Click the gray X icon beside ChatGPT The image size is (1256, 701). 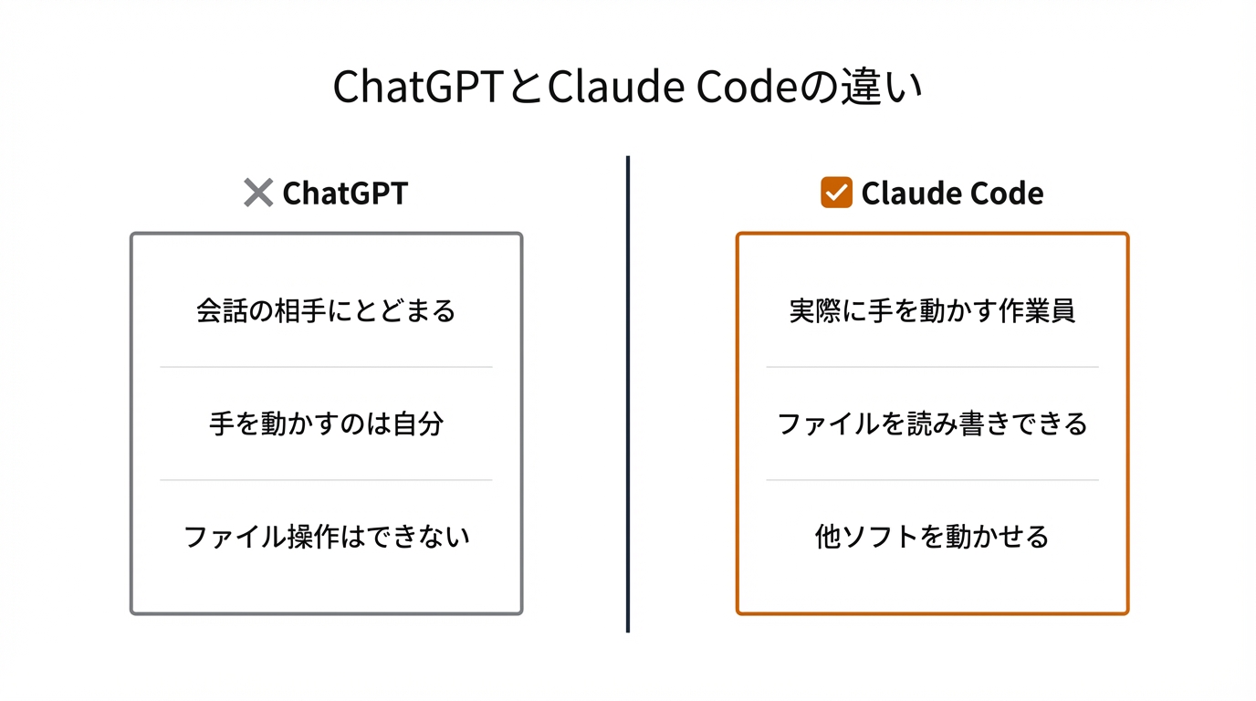(x=258, y=193)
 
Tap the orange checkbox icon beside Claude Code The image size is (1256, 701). (x=836, y=193)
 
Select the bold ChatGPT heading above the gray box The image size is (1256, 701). (x=345, y=194)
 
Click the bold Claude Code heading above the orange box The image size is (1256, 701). (x=952, y=194)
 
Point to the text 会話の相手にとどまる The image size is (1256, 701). (x=326, y=311)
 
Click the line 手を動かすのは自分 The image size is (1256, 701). (x=326, y=424)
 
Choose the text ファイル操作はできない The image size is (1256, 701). (x=326, y=536)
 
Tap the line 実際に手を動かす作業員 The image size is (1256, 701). (x=932, y=311)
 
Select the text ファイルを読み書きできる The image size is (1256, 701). (x=932, y=424)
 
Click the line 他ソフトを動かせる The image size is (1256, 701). (x=932, y=536)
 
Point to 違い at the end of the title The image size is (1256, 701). (x=882, y=88)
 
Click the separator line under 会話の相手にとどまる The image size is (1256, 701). (x=326, y=367)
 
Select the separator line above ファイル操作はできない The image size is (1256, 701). (x=326, y=480)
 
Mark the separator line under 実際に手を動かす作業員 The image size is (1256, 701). (x=932, y=367)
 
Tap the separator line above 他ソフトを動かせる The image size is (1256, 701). (x=932, y=480)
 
